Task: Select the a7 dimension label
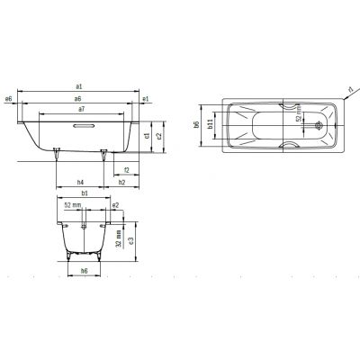(82, 108)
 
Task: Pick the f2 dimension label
(126, 170)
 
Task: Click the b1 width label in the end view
(84, 193)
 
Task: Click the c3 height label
(131, 239)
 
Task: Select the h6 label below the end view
(84, 271)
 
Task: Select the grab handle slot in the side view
(82, 125)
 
